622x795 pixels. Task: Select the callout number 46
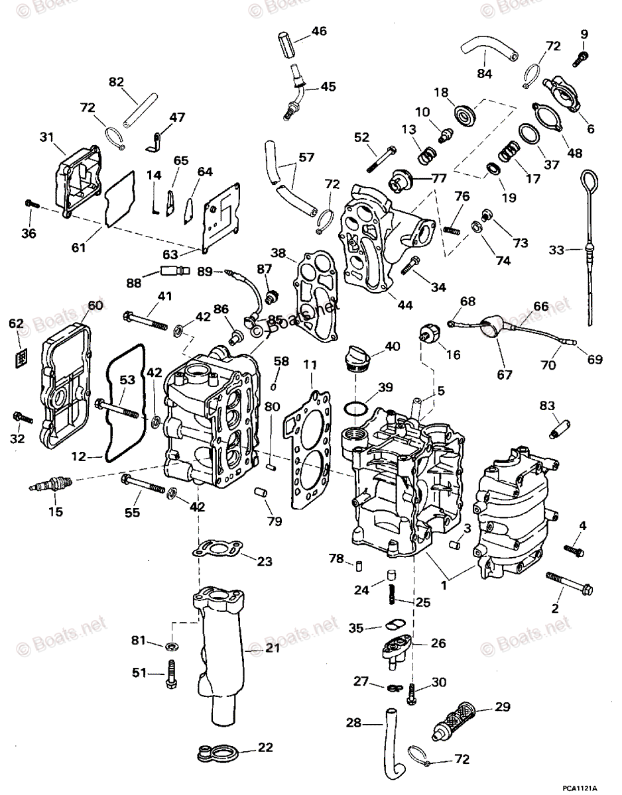click(x=319, y=30)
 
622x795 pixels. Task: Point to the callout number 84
click(x=485, y=74)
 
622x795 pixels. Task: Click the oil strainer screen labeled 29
click(x=456, y=723)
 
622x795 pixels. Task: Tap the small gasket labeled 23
click(x=216, y=549)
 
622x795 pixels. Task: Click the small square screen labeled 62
click(x=21, y=358)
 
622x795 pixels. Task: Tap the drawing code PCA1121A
click(x=577, y=788)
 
